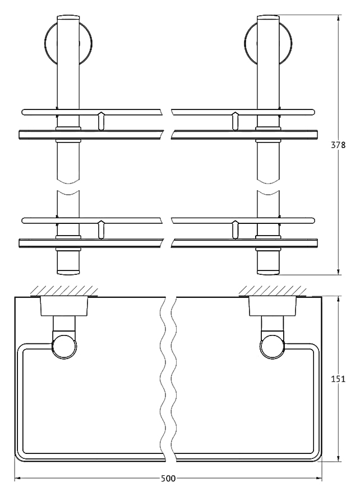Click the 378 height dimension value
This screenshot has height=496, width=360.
tap(338, 145)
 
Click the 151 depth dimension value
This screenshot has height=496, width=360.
tap(338, 379)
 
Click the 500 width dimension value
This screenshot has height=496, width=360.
tap(168, 479)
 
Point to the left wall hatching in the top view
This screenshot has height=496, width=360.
tap(64, 291)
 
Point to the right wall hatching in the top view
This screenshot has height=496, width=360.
tap(273, 291)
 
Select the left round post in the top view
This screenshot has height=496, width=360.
tap(64, 347)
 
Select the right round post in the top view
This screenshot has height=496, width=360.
tap(273, 347)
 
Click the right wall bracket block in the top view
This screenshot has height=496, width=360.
tap(273, 306)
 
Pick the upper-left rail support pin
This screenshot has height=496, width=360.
tap(101, 121)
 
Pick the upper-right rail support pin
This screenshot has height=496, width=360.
tap(235, 121)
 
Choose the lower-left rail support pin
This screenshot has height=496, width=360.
tap(101, 229)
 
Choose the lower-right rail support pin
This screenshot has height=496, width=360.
tap(235, 229)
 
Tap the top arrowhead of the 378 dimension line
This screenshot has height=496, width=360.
tap(339, 19)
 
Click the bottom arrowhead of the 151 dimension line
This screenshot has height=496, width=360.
tap(339, 457)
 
